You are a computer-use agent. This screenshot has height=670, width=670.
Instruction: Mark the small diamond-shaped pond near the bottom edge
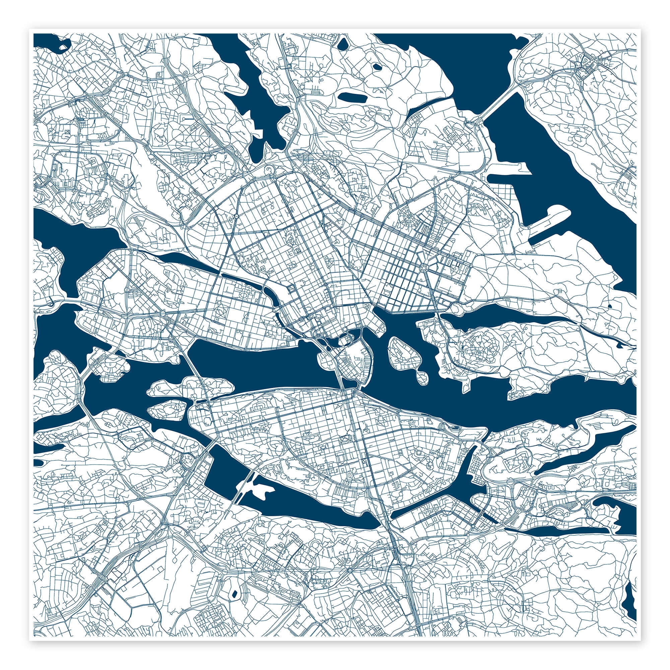pos(234,585)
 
